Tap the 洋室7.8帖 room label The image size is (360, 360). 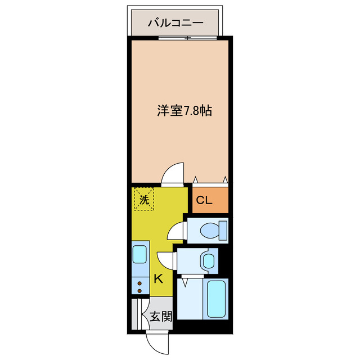pos(184,111)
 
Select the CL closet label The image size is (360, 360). pos(204,201)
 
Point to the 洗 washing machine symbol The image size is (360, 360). pos(144,200)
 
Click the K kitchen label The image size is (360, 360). pos(158,277)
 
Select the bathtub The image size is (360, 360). pos(216,298)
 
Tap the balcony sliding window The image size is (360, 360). pos(187,38)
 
